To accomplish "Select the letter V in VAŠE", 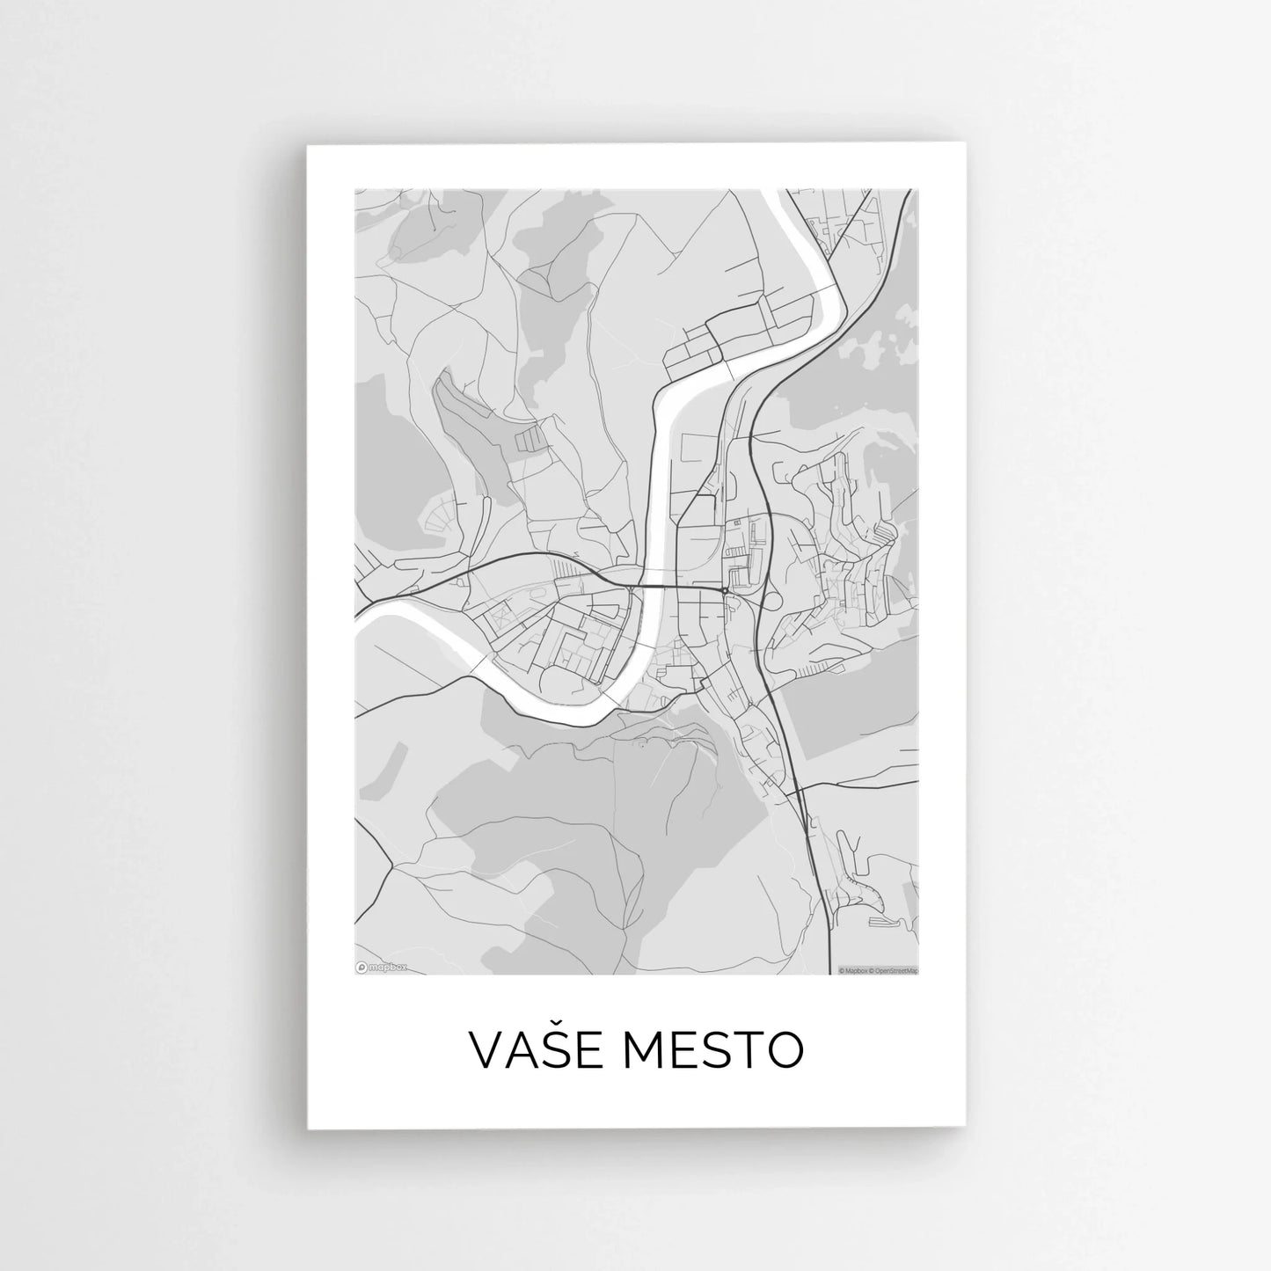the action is point(486,1048).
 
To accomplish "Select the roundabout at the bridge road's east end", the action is point(723,590).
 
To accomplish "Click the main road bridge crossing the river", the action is point(652,586).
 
